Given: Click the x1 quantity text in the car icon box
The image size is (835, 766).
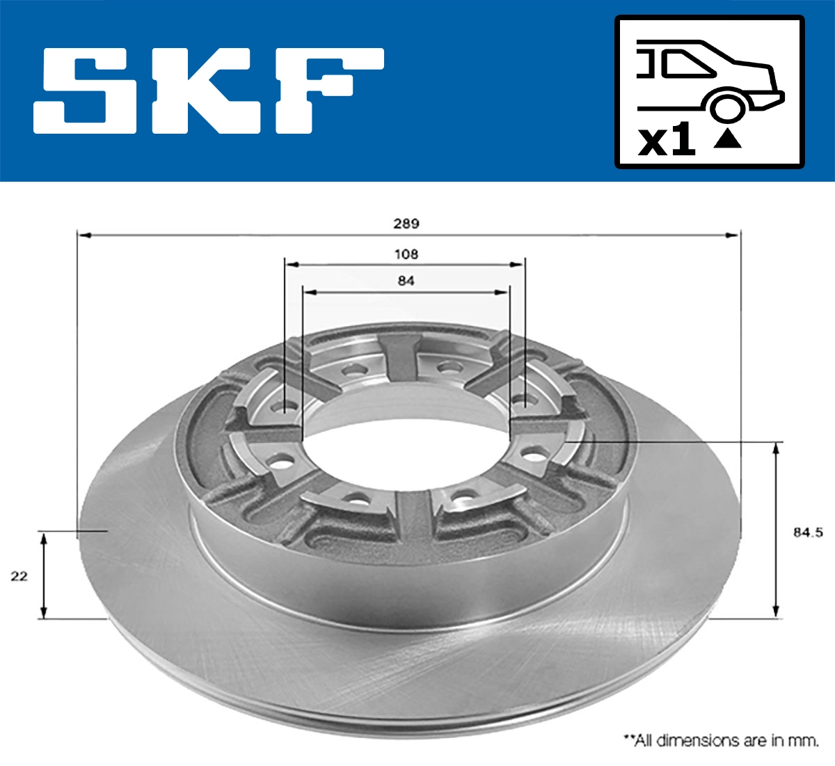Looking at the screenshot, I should (x=667, y=141).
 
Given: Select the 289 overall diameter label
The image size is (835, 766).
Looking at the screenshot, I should (x=406, y=224).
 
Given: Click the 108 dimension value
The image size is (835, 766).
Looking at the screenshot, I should (x=406, y=254).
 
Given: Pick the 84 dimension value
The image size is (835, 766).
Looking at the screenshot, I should (x=406, y=281).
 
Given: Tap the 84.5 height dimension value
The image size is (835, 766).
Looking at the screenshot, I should (x=807, y=532).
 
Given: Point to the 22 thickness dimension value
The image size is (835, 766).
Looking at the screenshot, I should (x=19, y=576).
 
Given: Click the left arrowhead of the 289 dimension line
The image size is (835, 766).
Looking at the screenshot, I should (x=84, y=235).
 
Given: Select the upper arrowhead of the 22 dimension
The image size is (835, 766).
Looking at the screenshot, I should (x=44, y=538).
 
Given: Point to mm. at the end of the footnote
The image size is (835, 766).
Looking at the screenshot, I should (x=804, y=740).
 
